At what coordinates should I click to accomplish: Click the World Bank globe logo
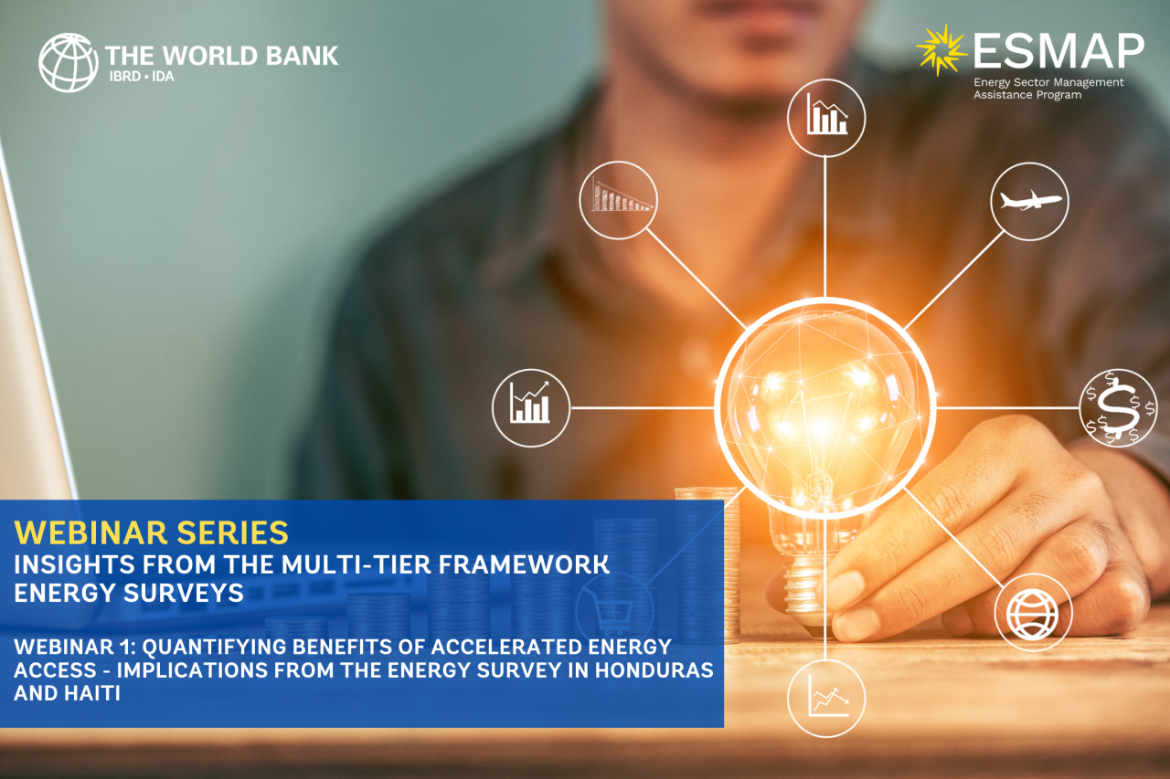coord(68,63)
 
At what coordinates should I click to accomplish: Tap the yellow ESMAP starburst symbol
coord(941,50)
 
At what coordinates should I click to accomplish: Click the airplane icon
coord(1030,200)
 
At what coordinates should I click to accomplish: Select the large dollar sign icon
coord(1119,408)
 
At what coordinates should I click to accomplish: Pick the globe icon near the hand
coord(1033,614)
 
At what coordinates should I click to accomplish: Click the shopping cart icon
coord(612,613)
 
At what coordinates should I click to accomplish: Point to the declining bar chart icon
coord(620,195)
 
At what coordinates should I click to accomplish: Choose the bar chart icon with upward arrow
coord(529,402)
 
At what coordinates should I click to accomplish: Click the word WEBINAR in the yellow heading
coord(90,532)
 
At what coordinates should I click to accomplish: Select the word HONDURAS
coord(654,670)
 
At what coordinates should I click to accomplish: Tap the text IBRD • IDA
coord(142,77)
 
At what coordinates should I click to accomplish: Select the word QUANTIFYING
coord(214,647)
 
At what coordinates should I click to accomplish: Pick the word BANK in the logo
coord(302,56)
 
